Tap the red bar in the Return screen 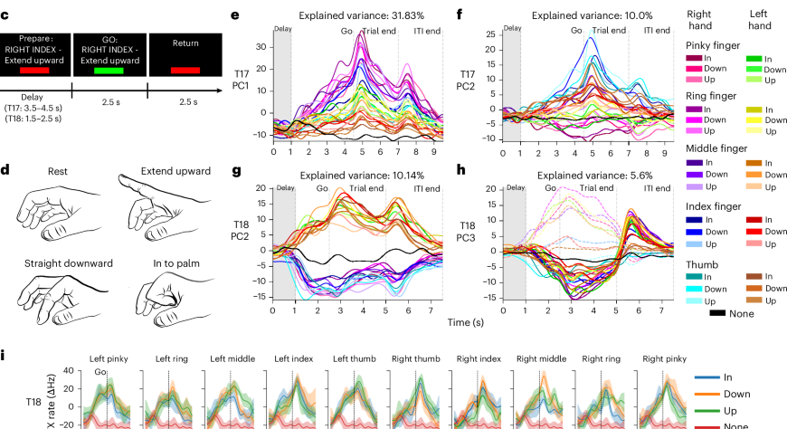(183, 70)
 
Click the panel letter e (234, 15)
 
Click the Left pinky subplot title (110, 358)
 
